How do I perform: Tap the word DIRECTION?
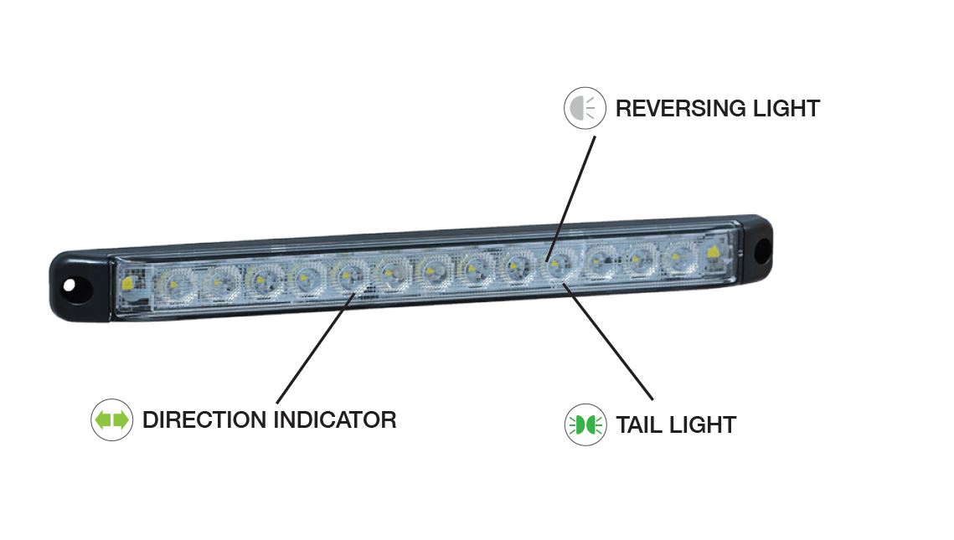point(204,419)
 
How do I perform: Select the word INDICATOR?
point(335,419)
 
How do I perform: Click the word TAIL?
point(639,425)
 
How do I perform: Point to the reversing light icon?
point(585,109)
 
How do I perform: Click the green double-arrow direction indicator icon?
point(111,420)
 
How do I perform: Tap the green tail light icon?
point(585,425)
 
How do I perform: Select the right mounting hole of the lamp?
point(763,248)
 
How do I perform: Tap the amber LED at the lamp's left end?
point(129,284)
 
